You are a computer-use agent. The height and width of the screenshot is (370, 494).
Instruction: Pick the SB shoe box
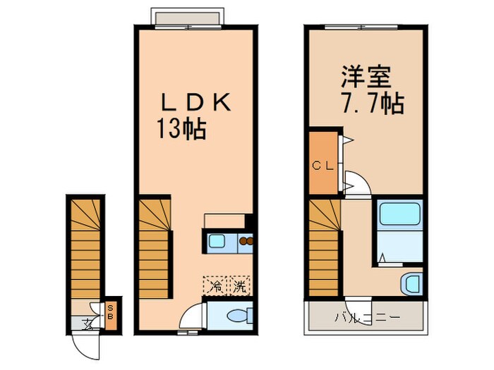(x=110, y=310)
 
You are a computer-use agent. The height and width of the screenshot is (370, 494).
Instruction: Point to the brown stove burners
(x=246, y=243)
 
